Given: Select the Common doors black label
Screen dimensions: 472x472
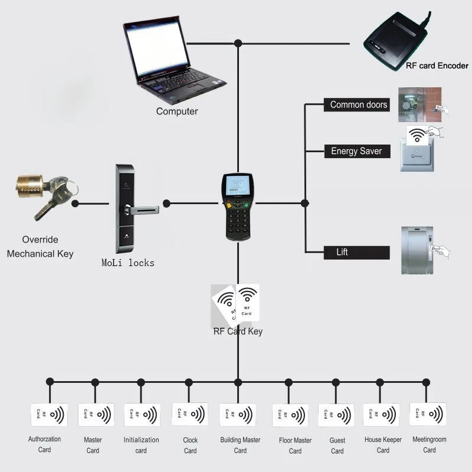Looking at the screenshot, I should [358, 105].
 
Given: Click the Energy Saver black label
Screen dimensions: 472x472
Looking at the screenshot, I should [356, 151].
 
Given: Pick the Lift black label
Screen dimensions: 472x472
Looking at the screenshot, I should [356, 253].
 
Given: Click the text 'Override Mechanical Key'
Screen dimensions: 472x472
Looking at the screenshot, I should [40, 247].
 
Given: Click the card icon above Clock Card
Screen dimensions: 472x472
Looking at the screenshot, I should [189, 414].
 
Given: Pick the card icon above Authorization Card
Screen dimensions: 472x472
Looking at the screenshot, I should [49, 415].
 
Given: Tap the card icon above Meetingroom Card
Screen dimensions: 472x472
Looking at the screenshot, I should [428, 415].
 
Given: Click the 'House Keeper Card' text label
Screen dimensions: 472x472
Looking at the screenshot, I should [383, 445].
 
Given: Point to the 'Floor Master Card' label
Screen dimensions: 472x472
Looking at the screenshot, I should [295, 445].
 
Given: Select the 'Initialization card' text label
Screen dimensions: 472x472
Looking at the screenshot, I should [141, 445].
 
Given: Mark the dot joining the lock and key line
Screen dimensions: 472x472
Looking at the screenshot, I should [76, 204].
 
